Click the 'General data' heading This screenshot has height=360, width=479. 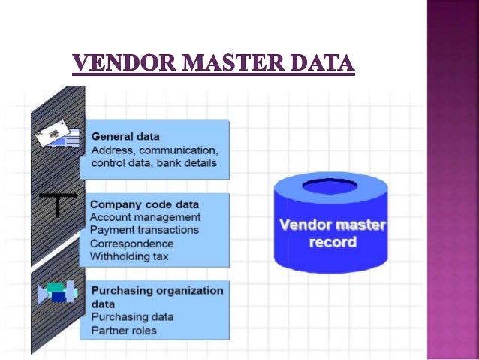tap(125, 137)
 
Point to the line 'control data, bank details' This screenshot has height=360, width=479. tap(153, 162)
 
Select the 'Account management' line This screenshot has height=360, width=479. tap(145, 217)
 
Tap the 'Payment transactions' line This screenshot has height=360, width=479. tap(144, 230)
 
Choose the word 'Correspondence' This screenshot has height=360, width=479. tap(131, 244)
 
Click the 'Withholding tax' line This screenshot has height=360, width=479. tap(129, 256)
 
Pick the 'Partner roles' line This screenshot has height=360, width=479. tap(124, 330)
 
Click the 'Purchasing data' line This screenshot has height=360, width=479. tap(131, 317)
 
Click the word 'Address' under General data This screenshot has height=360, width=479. tap(110, 150)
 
